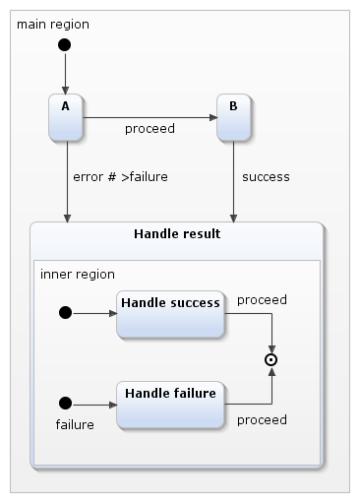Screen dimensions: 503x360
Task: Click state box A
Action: click(66, 117)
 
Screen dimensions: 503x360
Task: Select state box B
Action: click(233, 117)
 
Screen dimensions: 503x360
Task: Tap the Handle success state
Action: click(170, 313)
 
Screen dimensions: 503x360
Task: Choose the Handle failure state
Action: click(170, 404)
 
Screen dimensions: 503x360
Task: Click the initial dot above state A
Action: click(65, 45)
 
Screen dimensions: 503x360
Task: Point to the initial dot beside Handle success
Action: click(66, 313)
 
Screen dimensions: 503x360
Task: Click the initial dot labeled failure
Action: click(66, 403)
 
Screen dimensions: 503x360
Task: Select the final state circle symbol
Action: click(271, 360)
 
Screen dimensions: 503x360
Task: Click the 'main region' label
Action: click(51, 23)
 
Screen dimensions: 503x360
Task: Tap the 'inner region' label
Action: click(78, 274)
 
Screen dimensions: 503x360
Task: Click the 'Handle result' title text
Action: click(177, 234)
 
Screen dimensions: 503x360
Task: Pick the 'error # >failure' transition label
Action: click(120, 177)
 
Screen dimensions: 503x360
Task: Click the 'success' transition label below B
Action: click(266, 177)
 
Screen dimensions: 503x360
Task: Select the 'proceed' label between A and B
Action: click(150, 129)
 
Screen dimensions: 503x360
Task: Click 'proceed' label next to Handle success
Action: click(262, 299)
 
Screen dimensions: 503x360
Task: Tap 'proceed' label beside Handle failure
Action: click(262, 419)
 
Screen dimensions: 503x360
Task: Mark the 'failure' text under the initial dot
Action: click(74, 425)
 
